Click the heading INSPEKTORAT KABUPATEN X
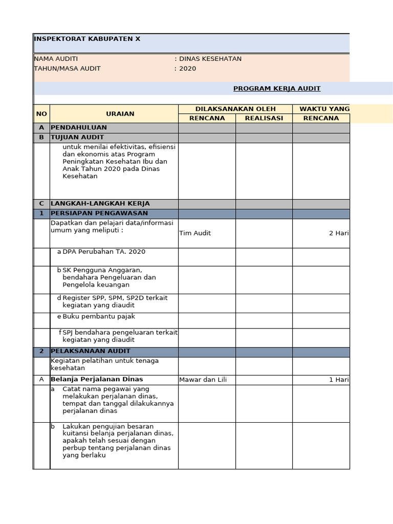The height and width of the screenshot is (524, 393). pos(87,39)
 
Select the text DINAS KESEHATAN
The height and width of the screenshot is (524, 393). pos(210,59)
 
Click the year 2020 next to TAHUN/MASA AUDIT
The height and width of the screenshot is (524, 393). pos(187,69)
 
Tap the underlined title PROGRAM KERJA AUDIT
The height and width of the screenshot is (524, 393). pos(277,89)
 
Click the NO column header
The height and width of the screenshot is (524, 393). pos(41,114)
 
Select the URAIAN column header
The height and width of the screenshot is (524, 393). pos(120,114)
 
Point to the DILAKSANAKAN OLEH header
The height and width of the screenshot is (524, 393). pos(235,109)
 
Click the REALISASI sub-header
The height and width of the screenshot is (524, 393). pos(264,118)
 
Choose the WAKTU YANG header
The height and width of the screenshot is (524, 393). pos(324,109)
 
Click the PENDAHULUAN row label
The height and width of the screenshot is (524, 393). pos(79,127)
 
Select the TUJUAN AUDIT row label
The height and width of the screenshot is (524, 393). pos(77,137)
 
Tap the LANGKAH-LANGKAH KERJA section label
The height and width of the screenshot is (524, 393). pos(100,204)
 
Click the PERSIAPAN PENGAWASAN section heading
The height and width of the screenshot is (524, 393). pos(99,213)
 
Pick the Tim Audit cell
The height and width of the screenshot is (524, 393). pos(195,233)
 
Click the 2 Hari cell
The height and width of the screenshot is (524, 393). pos(339,233)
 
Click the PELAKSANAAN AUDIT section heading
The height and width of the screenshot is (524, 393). pos(91,352)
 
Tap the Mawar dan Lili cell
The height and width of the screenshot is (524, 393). pos(203,380)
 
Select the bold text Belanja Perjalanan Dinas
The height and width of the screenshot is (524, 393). pos(97,380)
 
